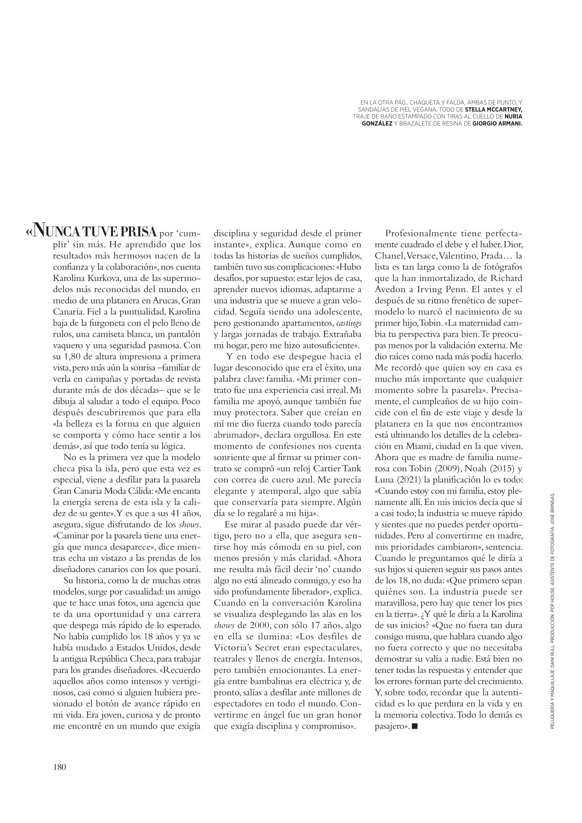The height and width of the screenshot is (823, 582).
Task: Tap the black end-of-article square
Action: tap(414, 726)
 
